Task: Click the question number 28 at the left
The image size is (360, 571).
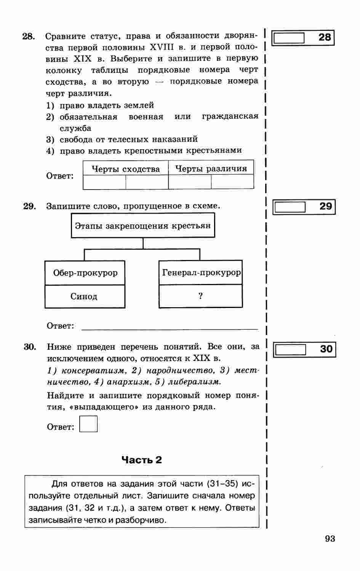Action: pyautogui.click(x=29, y=37)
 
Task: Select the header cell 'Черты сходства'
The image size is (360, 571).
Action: pyautogui.click(x=126, y=169)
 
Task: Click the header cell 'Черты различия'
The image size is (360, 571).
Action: pyautogui.click(x=211, y=169)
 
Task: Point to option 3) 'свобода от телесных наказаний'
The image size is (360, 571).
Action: pyautogui.click(x=128, y=139)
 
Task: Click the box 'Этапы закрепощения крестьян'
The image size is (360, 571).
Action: pyautogui.click(x=143, y=226)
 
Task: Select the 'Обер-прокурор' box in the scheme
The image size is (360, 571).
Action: pyautogui.click(x=85, y=273)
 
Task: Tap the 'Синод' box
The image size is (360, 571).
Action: pyautogui.click(x=85, y=297)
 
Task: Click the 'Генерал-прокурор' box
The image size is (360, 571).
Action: pyautogui.click(x=201, y=273)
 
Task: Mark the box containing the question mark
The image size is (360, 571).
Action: pyautogui.click(x=201, y=296)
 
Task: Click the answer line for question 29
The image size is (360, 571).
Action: pyautogui.click(x=170, y=327)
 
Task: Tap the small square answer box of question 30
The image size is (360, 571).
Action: pyautogui.click(x=88, y=424)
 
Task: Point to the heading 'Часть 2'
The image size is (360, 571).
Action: pyautogui.click(x=142, y=460)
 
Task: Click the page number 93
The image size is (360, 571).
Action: pyautogui.click(x=330, y=539)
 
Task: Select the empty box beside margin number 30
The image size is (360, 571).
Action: pyautogui.click(x=290, y=349)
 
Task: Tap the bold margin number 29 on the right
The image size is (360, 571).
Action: pyautogui.click(x=326, y=206)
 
